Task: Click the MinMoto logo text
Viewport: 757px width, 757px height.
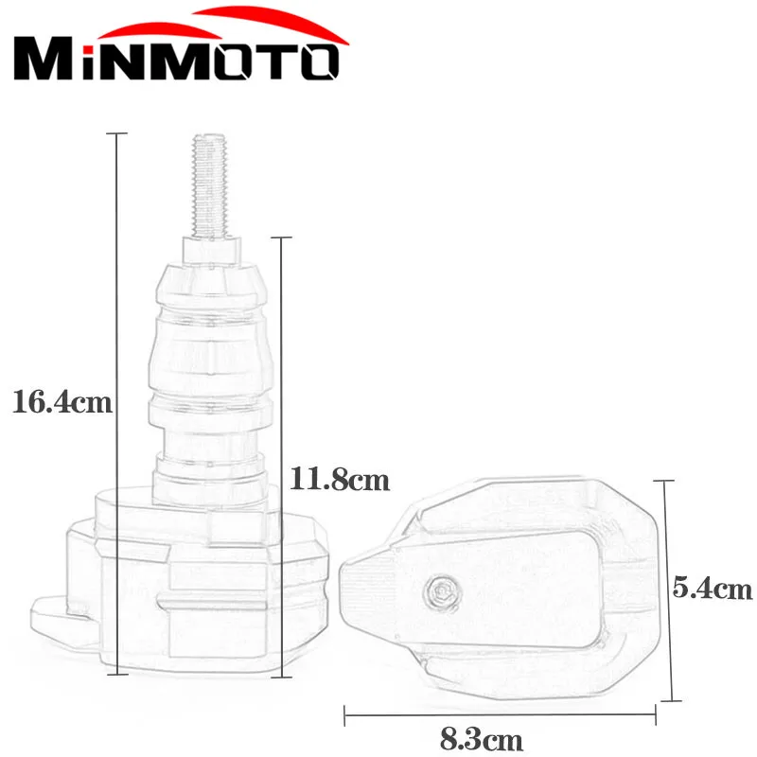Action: click(176, 62)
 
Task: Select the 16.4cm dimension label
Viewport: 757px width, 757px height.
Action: click(62, 401)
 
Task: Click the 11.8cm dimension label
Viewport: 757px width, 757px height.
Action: click(340, 480)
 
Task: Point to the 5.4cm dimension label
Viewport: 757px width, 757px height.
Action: click(713, 588)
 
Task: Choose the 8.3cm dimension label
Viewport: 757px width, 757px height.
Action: click(482, 739)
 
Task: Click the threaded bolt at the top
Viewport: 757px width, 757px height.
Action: click(209, 185)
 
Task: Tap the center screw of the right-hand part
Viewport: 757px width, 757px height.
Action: click(442, 592)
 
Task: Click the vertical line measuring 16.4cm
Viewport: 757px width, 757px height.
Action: click(116, 404)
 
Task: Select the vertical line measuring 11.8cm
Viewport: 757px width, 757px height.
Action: click(281, 457)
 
